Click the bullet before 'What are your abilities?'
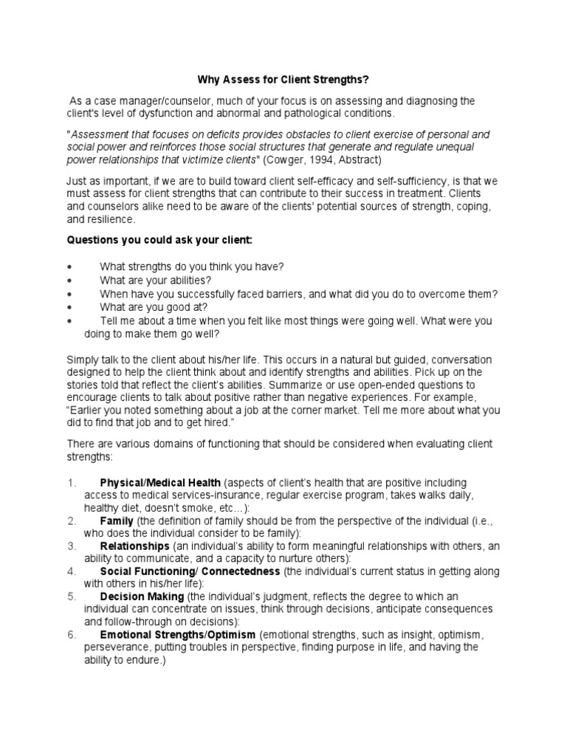point(69,280)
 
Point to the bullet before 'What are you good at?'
point(69,306)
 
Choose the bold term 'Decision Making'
point(142,597)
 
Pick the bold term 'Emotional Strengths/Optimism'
point(177,634)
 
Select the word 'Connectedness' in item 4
point(241,571)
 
